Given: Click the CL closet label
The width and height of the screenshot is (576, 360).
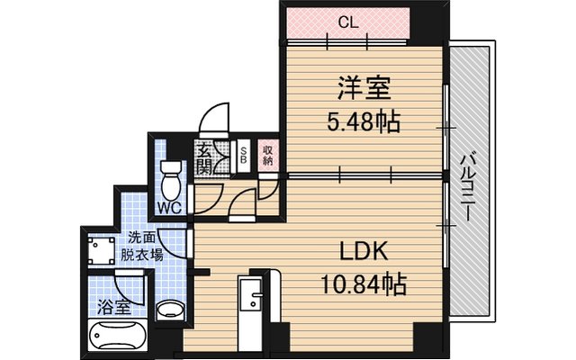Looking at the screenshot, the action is pos(347,23).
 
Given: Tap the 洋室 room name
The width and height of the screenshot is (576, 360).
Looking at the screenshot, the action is pos(364,88).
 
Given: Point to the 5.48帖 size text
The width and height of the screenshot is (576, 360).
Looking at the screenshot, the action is pos(363,121).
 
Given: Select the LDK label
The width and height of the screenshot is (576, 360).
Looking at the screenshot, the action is pos(363,251).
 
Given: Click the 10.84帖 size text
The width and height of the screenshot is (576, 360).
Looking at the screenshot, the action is pos(364,284).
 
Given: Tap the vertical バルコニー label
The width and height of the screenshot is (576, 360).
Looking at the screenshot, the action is pos(467,187).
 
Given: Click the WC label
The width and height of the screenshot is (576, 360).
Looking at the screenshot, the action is pos(170,208).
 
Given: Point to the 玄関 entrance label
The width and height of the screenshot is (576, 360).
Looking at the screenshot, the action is pos(204,160).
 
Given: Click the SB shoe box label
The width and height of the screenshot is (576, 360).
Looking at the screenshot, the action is pos(243,156).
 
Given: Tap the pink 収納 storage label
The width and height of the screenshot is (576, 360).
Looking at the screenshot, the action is pos(268,156).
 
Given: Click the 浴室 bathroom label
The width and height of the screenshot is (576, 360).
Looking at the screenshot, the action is pos(114,307).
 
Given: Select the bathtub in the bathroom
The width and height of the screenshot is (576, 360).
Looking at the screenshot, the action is pos(117,335).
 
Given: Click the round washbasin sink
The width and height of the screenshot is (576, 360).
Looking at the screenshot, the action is pos(170,310).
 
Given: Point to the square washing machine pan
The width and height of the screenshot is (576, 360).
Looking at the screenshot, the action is pos(102,250).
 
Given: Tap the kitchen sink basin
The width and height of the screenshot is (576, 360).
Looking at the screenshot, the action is pos(250,295).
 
